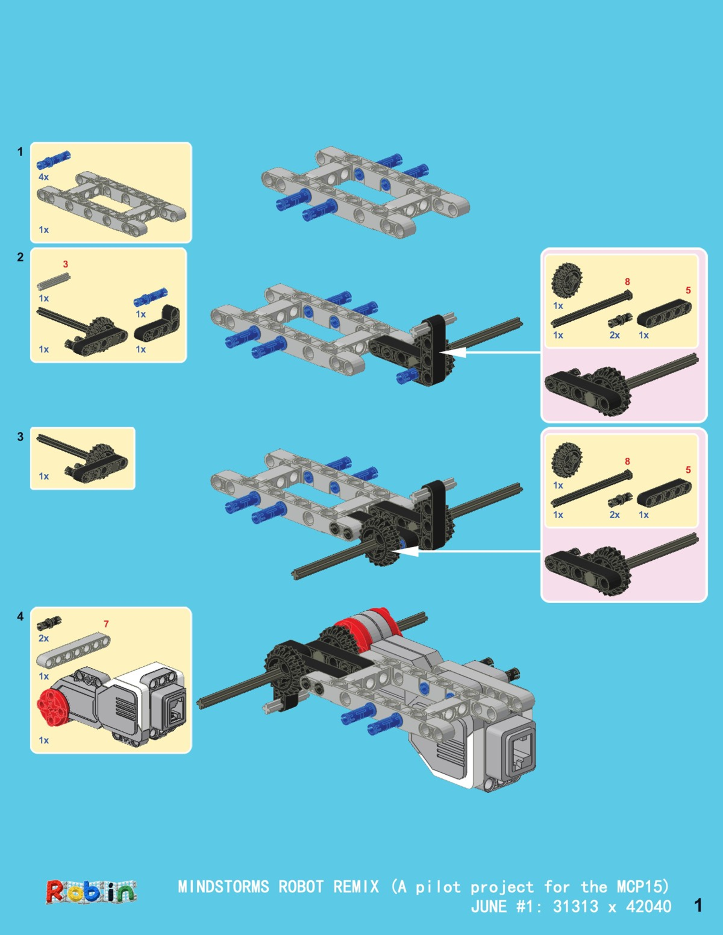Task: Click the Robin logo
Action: tap(91, 892)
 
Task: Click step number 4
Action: tap(20, 617)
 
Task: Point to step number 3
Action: tap(20, 437)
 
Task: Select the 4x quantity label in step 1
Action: tap(44, 177)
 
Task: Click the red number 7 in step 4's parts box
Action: tap(106, 624)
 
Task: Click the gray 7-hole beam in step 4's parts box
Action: tap(73, 651)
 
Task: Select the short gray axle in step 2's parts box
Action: tap(53, 281)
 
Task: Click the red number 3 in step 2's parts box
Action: tap(65, 264)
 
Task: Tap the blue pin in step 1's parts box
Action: tap(53, 159)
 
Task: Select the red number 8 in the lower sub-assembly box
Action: tap(627, 461)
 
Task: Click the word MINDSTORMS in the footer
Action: tap(223, 887)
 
